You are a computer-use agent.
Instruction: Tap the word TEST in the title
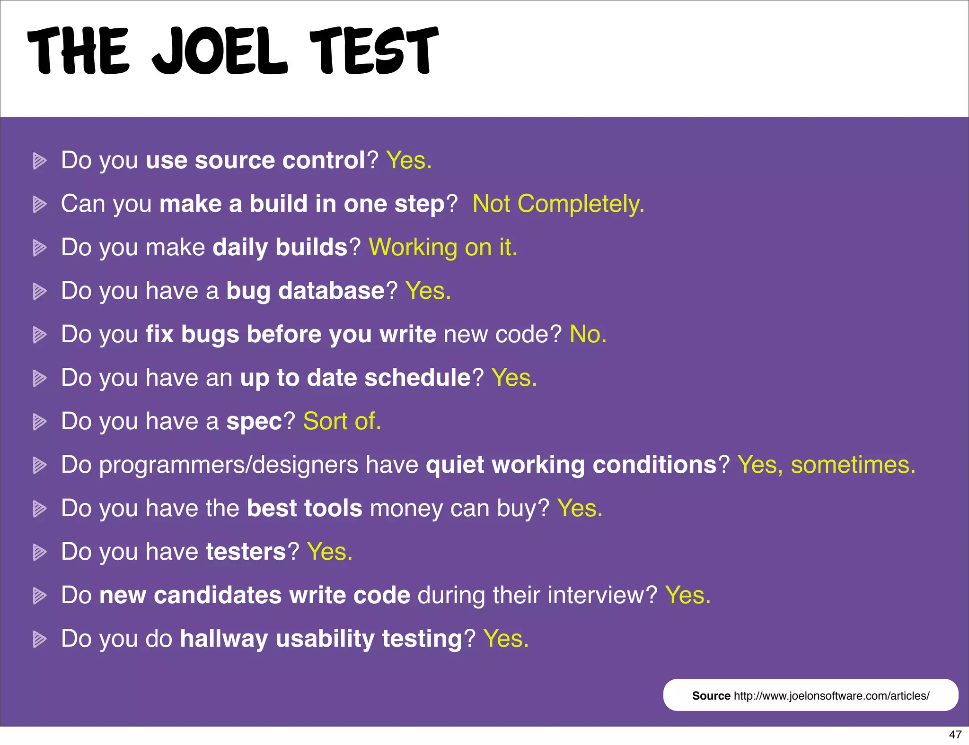point(374,51)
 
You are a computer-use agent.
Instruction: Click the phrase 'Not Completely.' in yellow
point(558,204)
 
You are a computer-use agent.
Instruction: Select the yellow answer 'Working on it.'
point(443,248)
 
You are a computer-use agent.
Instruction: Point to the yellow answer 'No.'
point(588,335)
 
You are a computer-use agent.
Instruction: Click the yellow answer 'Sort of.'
point(342,422)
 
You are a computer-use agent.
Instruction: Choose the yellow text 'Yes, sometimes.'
point(826,465)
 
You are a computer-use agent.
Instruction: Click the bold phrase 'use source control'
point(255,161)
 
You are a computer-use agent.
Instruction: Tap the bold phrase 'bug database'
point(305,291)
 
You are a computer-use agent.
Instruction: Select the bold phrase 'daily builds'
point(280,248)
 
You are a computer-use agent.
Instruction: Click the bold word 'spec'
point(254,422)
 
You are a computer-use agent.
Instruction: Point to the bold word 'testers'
point(246,552)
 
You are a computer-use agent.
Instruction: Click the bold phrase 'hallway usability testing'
point(321,639)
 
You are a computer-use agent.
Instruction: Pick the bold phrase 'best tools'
point(304,509)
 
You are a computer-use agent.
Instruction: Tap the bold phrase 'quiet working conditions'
point(571,465)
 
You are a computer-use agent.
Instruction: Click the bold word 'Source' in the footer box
point(711,696)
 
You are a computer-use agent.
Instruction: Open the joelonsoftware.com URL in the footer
point(831,696)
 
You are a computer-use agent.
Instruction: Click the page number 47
point(955,735)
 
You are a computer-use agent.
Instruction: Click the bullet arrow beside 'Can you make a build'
point(39,204)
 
